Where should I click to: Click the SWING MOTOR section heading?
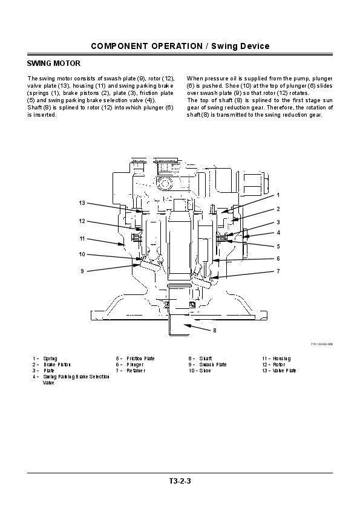point(54,63)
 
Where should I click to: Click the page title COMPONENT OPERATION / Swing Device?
point(180,47)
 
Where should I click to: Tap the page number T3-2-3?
point(180,481)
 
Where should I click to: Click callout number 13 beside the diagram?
point(82,203)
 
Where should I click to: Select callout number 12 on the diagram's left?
point(82,221)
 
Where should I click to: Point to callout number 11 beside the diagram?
point(82,238)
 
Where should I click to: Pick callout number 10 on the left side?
point(82,254)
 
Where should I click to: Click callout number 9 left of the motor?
point(82,271)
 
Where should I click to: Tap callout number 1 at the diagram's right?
point(278,195)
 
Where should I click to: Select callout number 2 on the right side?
point(278,209)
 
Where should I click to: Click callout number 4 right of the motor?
point(278,232)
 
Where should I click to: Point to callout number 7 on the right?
point(278,271)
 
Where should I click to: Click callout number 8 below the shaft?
point(214,331)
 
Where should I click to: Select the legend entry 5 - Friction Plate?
point(136,358)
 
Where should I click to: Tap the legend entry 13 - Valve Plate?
point(279,370)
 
